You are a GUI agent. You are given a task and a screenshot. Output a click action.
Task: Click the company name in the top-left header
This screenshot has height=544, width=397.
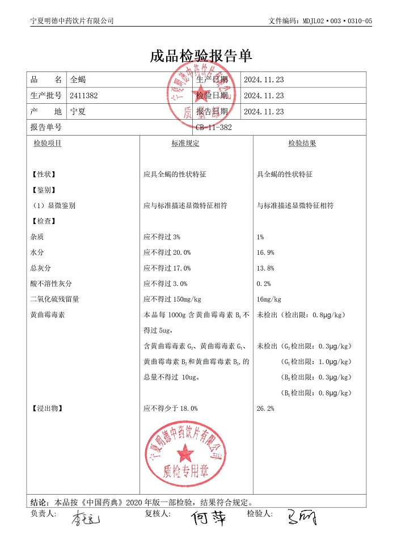click(71, 20)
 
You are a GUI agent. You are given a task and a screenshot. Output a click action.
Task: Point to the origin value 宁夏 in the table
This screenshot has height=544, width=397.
click(77, 112)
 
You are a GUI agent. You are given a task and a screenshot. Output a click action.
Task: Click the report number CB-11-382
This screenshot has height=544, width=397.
click(213, 128)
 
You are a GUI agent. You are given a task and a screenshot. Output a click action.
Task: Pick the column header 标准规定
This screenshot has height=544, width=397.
click(185, 144)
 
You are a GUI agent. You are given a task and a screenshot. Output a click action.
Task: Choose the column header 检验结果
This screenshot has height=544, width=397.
click(302, 144)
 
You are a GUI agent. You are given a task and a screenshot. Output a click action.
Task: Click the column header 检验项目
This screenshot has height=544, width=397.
click(48, 144)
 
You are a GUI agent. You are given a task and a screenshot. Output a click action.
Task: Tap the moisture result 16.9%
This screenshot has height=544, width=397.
click(266, 252)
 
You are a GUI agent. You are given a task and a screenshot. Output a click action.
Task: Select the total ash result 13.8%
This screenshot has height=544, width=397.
click(266, 268)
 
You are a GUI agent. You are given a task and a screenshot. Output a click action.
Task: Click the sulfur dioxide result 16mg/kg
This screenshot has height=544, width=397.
click(269, 299)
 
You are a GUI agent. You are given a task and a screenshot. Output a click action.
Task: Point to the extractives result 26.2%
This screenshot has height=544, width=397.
click(266, 408)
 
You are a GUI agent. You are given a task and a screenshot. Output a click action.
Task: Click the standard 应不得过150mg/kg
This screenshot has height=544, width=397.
click(173, 299)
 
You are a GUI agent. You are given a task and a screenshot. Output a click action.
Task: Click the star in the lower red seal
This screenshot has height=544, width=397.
click(184, 453)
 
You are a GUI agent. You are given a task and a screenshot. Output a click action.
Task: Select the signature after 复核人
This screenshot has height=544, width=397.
click(208, 518)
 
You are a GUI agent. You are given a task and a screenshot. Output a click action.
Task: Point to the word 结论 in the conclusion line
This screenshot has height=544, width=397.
click(39, 502)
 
